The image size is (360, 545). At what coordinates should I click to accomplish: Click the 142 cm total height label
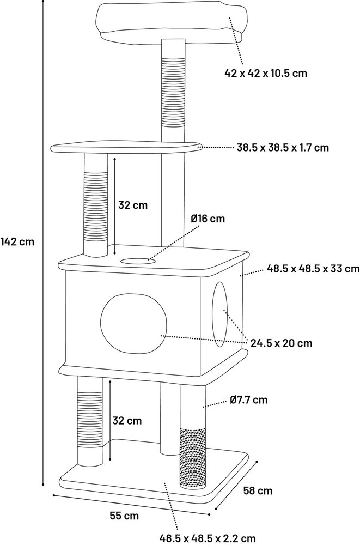[17, 241]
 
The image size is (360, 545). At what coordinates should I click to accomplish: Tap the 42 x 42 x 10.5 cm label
[266, 74]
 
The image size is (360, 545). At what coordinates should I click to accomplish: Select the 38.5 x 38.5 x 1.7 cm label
[283, 147]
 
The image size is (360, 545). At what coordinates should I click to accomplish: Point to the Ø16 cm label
[208, 219]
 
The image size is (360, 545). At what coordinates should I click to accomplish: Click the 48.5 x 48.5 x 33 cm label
[313, 269]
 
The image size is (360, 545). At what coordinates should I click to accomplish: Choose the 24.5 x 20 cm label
[282, 343]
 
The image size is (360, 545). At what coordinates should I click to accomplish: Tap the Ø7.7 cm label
[249, 399]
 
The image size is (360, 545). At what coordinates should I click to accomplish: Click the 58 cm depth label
[258, 491]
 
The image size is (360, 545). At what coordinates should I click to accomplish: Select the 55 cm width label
[124, 516]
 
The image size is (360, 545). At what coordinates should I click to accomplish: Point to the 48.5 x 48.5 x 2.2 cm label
[208, 538]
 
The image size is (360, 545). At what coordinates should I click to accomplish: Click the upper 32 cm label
[133, 205]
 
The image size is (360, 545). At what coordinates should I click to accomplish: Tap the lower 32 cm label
[127, 421]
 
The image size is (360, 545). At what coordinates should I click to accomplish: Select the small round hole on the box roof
[137, 261]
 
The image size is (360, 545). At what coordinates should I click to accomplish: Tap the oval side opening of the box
[220, 314]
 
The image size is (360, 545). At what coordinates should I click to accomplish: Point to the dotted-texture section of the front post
[193, 458]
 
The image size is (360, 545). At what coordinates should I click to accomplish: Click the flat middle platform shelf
[126, 147]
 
